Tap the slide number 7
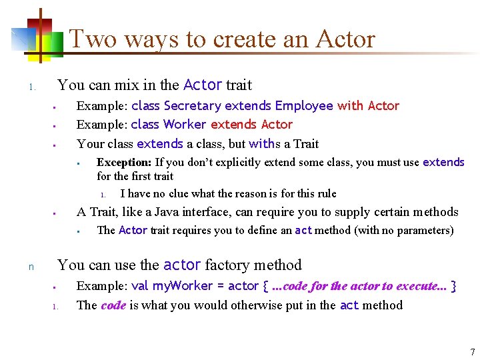(472, 351)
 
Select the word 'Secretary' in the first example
(193, 106)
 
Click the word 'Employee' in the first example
(303, 106)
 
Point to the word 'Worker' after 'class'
(185, 125)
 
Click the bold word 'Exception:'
(124, 162)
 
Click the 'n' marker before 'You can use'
(31, 267)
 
